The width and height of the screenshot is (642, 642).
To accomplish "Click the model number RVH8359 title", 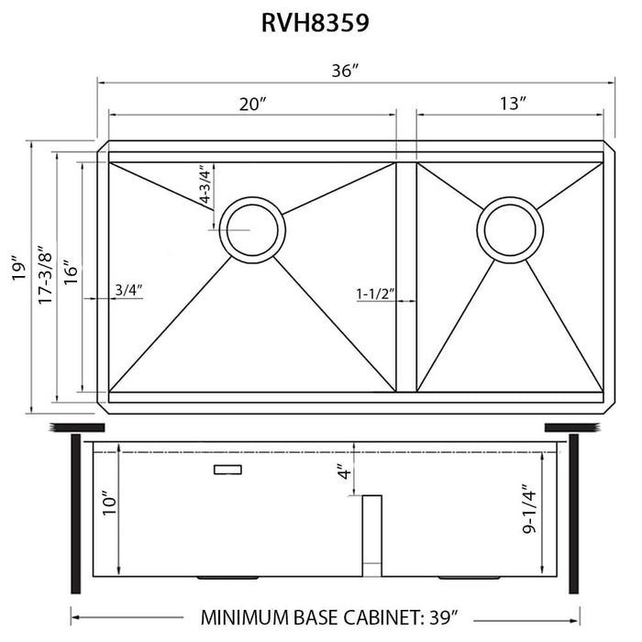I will (316, 23).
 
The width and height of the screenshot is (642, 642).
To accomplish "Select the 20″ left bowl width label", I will (253, 104).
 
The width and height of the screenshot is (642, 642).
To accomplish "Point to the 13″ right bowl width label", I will (512, 104).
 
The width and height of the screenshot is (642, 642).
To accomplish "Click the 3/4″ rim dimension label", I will (128, 291).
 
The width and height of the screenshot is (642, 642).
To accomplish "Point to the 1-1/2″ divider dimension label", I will (374, 293).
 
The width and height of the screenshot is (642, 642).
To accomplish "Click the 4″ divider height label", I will (342, 473).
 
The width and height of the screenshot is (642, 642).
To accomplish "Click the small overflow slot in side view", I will (227, 469).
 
